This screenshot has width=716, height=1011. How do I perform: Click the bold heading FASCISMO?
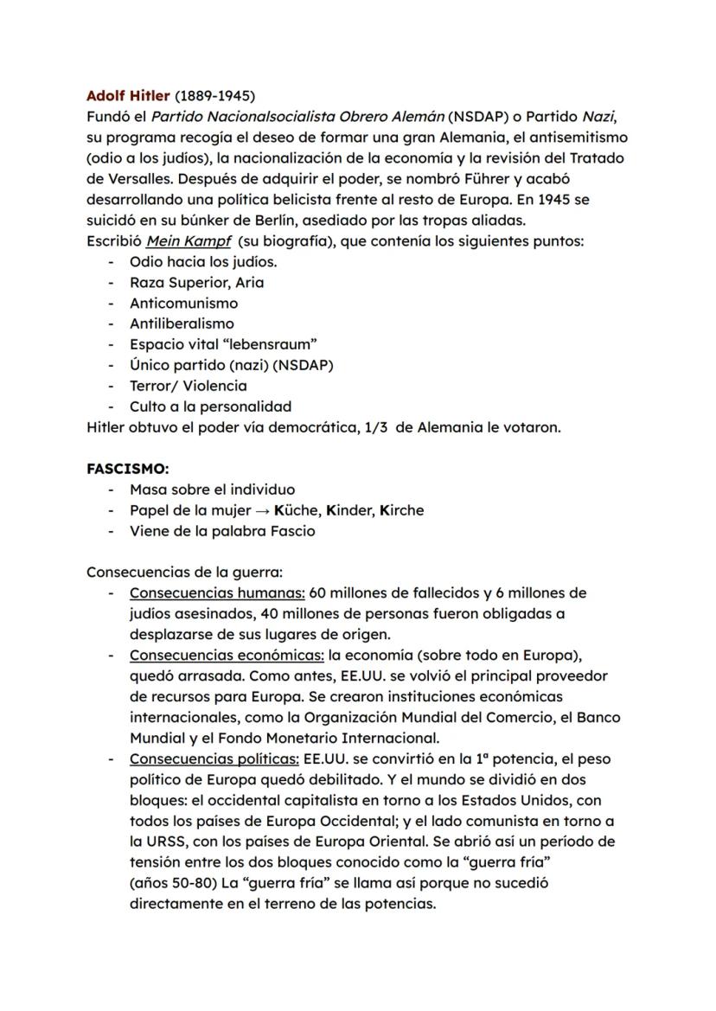pyautogui.click(x=127, y=469)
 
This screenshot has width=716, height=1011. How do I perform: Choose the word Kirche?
pyautogui.click(x=402, y=510)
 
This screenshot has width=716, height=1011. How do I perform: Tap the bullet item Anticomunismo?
pyautogui.click(x=183, y=303)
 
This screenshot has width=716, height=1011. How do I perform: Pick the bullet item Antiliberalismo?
pyautogui.click(x=182, y=323)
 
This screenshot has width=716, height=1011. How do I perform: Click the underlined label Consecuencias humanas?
pyautogui.click(x=217, y=593)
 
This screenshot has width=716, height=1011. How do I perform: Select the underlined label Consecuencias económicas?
pyautogui.click(x=227, y=656)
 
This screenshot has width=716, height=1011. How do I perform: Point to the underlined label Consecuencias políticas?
pyautogui.click(x=214, y=759)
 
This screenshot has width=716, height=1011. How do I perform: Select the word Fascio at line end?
pyautogui.click(x=291, y=531)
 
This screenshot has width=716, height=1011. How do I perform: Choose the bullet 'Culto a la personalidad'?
pyautogui.click(x=210, y=406)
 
